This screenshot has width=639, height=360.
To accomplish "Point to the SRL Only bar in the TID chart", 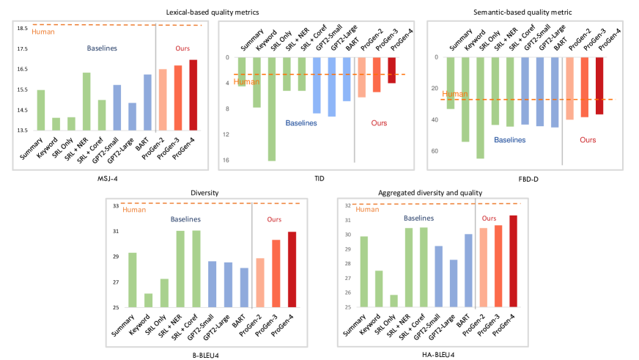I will (271, 109).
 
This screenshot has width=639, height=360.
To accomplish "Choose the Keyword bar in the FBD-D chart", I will (465, 99).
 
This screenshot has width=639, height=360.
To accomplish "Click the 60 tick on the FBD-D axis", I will (435, 151).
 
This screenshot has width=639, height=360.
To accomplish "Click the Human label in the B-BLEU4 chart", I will (134, 210).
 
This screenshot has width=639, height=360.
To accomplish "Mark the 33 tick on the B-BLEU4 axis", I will (116, 206).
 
